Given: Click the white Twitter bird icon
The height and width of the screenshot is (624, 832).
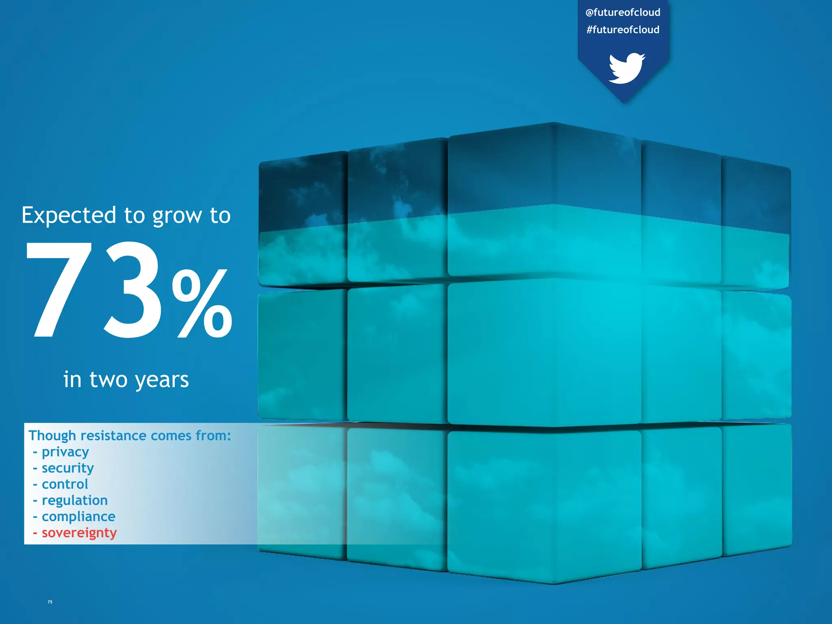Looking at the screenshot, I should click(626, 68).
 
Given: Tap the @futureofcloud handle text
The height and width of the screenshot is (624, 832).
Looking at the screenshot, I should click(623, 13).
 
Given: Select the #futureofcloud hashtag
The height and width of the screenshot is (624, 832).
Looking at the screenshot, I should click(623, 30).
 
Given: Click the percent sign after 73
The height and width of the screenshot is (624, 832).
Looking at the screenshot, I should click(202, 303).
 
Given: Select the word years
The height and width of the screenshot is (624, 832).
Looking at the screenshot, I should click(162, 380).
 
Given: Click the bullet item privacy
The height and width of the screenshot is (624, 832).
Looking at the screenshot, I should click(65, 452).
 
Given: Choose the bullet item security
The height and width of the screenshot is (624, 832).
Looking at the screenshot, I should click(67, 468).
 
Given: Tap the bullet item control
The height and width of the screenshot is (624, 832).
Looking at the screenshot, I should click(65, 484).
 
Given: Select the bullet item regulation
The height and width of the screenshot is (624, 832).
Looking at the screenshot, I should click(75, 500).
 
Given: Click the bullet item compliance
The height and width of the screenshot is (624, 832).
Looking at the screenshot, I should click(78, 517).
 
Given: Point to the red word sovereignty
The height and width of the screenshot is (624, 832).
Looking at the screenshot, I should click(79, 533).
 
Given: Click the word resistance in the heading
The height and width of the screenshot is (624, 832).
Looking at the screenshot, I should click(113, 435).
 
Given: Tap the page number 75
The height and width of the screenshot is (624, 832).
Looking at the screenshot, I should click(50, 602).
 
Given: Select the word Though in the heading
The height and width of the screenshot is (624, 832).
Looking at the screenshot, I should click(52, 435).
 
